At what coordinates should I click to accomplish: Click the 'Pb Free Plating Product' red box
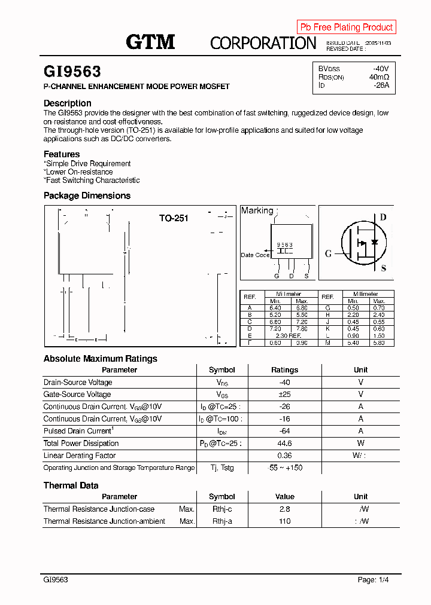point(346,27)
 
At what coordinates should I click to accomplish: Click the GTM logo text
point(150,42)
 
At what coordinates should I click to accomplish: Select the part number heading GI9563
point(72,72)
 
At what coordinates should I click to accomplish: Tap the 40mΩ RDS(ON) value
point(379,77)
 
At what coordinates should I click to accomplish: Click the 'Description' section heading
point(68,103)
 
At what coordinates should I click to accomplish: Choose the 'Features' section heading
point(62,154)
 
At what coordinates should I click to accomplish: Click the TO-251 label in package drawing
point(174,218)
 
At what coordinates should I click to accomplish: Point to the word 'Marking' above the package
point(257,210)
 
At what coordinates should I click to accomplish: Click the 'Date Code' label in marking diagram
point(255,255)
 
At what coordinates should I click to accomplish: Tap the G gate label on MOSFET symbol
point(328,253)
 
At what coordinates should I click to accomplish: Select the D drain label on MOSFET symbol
point(383,218)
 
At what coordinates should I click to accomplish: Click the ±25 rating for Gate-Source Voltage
point(284,395)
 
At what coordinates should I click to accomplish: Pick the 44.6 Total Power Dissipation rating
point(284,444)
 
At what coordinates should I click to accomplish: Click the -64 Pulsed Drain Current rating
point(284,431)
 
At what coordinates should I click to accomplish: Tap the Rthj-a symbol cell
point(222,521)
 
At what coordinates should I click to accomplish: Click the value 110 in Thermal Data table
point(284,521)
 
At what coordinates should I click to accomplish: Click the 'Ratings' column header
point(284,370)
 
